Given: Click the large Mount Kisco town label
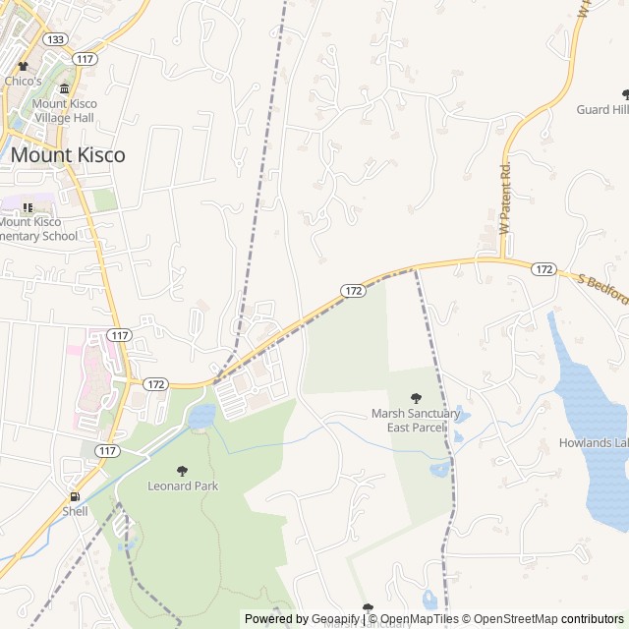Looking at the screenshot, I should pos(68,155).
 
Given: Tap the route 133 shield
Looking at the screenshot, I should pos(55,39).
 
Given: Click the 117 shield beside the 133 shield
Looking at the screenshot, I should pos(86,59).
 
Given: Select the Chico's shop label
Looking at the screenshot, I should pos(24,81).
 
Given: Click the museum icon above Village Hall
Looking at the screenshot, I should pos(65,89).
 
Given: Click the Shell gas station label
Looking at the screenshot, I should pos(75,511).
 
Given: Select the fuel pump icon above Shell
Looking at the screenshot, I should pos(74,496).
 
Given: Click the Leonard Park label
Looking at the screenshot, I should pos(183,486).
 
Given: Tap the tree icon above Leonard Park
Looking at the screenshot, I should pos(181,471).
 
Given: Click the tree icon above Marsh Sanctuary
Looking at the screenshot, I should pos(415,398).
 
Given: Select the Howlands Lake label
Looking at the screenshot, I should pos(594,442).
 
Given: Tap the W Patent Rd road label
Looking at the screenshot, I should pos(506,198).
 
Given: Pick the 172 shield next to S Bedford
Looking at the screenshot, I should pos(544,269).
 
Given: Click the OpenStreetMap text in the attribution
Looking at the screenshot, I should pos(511,619).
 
